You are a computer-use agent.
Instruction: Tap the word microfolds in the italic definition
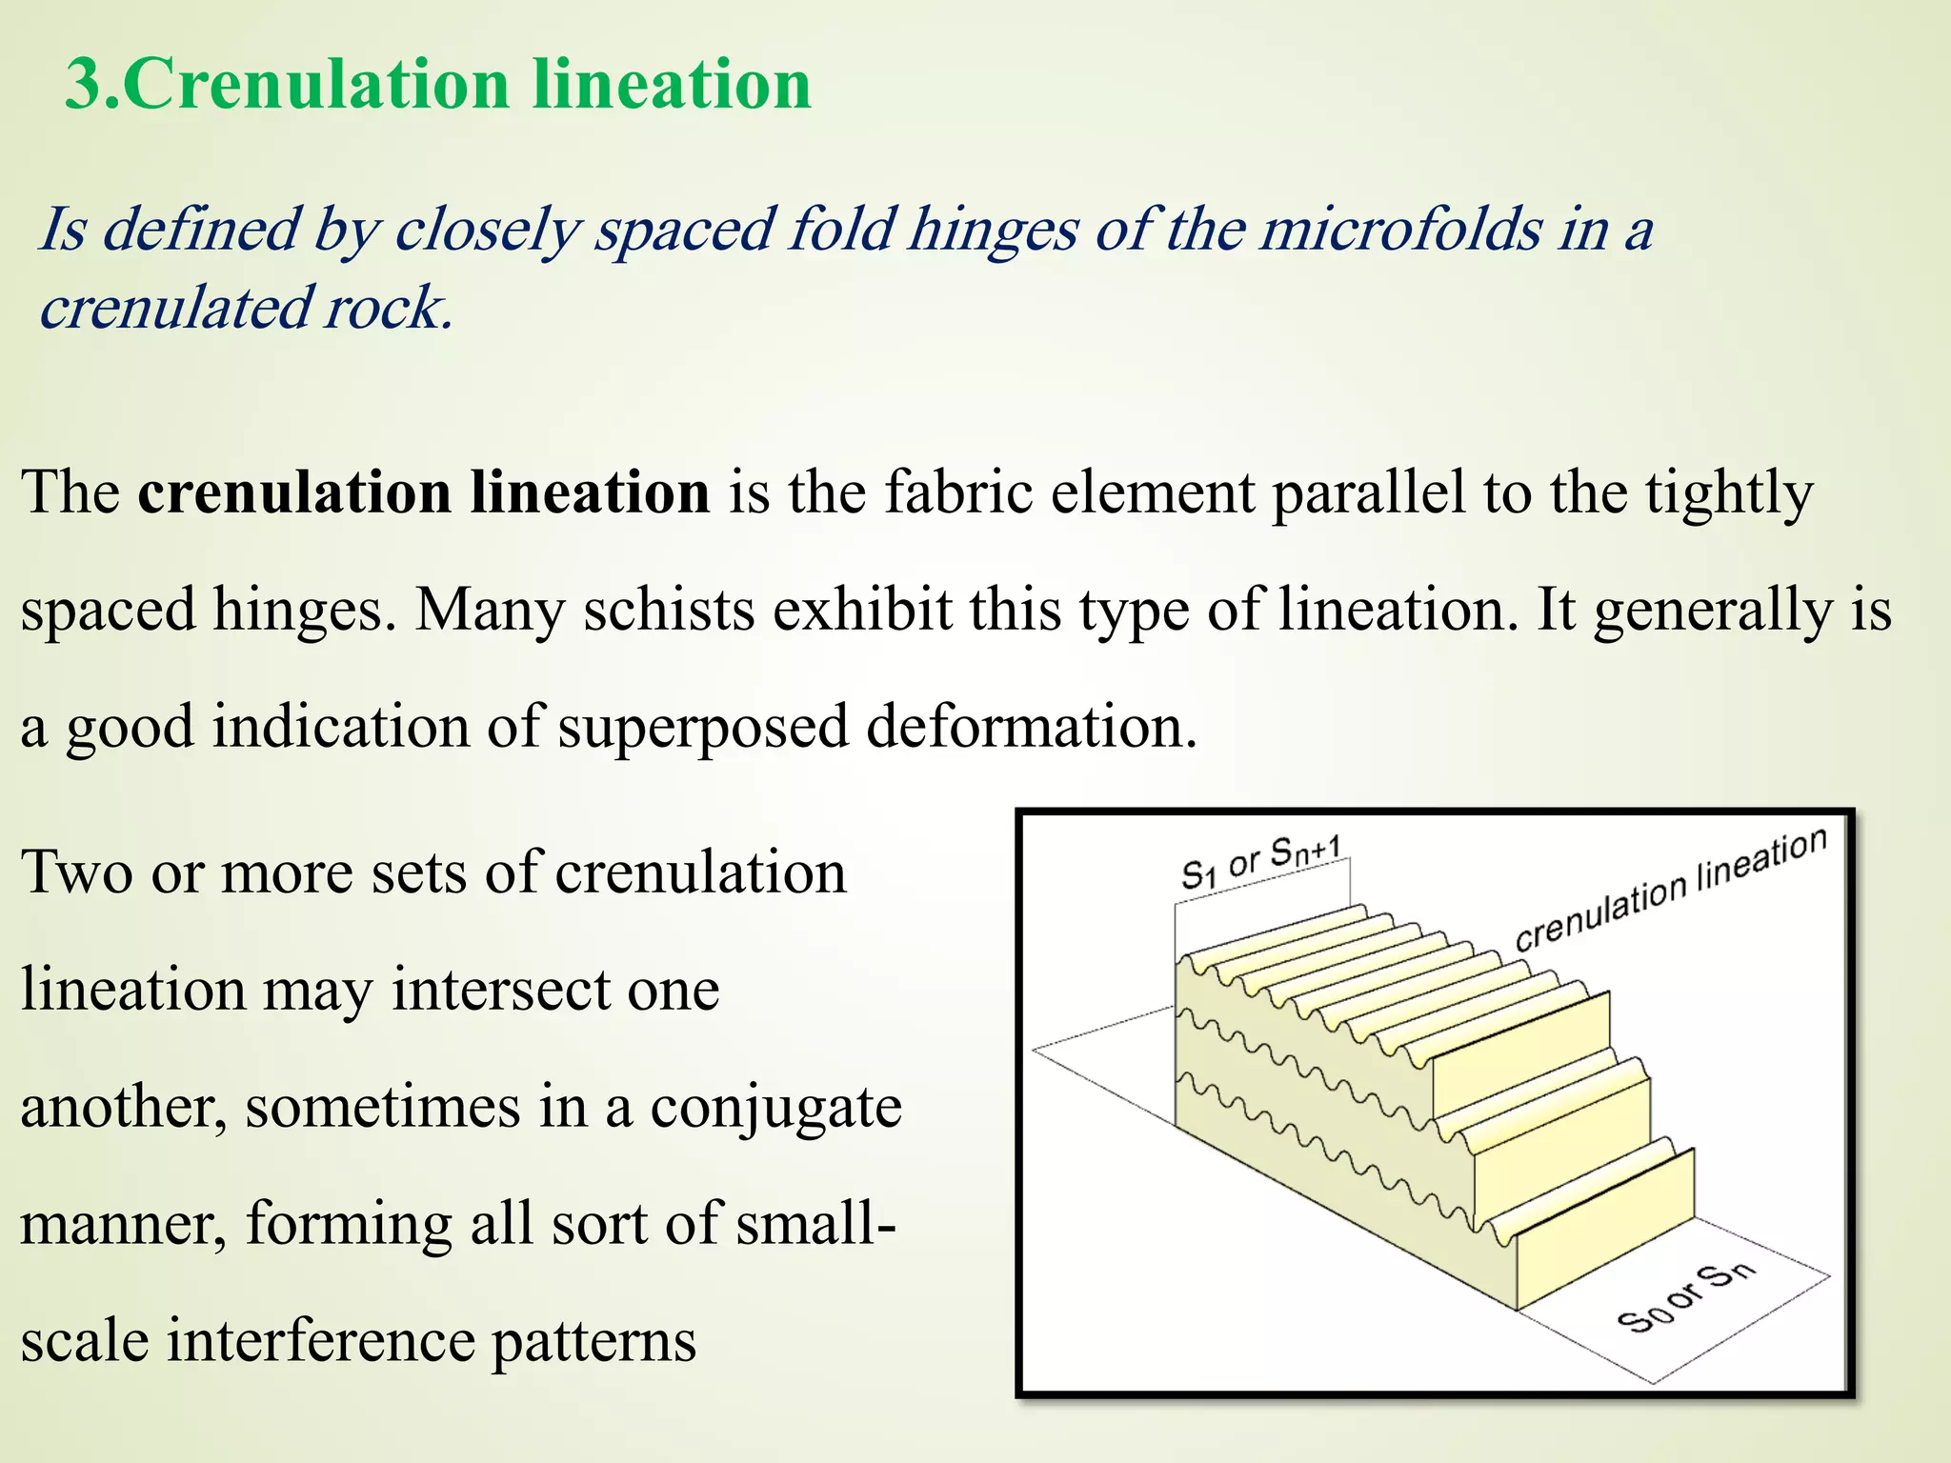coord(1401,230)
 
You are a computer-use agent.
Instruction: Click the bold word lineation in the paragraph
coord(590,492)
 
